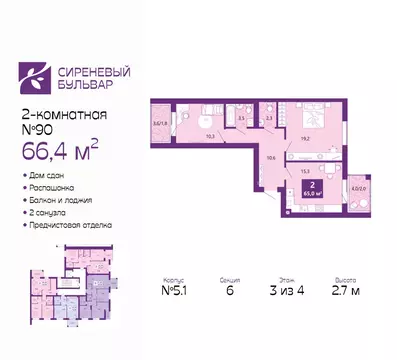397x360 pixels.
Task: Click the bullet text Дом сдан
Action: click(49, 176)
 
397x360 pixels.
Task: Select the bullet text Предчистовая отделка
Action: click(71, 225)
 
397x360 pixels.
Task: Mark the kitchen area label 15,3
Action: click(303, 171)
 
